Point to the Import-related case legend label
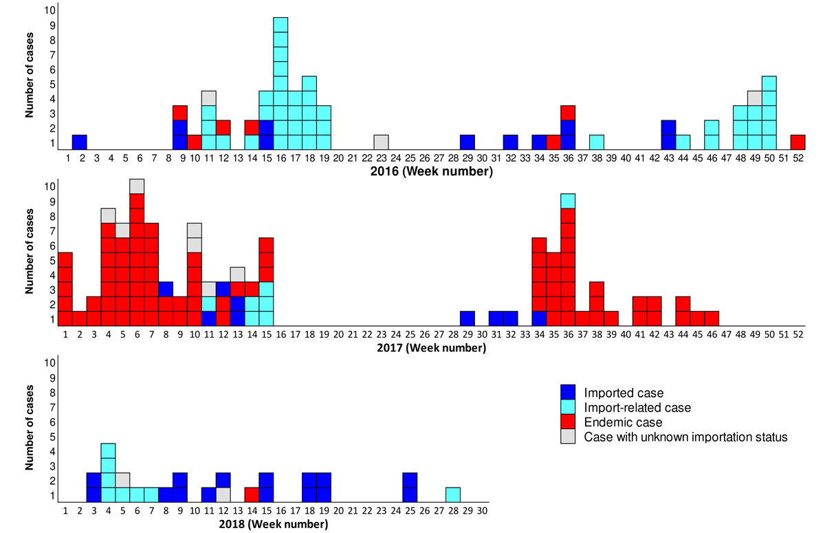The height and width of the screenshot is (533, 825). pos(637,408)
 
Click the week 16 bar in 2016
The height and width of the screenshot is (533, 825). pos(280,83)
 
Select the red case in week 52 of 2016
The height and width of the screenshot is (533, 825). pos(797,142)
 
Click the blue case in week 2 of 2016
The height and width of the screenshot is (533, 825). pos(79,142)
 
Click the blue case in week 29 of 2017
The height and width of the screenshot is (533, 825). pos(467,318)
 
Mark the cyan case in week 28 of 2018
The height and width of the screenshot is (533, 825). pos(452,494)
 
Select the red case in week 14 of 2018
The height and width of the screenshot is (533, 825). pos(252,494)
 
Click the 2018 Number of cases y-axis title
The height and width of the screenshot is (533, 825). pos(30,428)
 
